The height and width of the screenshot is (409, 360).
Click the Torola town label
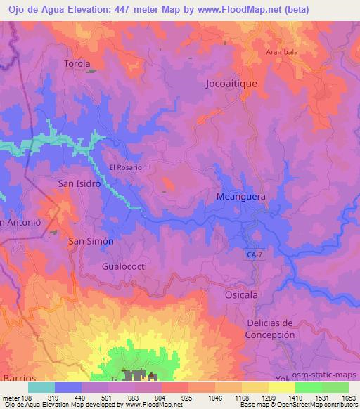(x=77, y=63)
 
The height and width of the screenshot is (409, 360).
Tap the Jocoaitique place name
(x=232, y=83)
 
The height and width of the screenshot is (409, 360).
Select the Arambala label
(x=281, y=52)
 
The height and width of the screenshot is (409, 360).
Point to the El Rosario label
(x=126, y=168)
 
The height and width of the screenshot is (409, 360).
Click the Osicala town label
(x=242, y=294)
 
